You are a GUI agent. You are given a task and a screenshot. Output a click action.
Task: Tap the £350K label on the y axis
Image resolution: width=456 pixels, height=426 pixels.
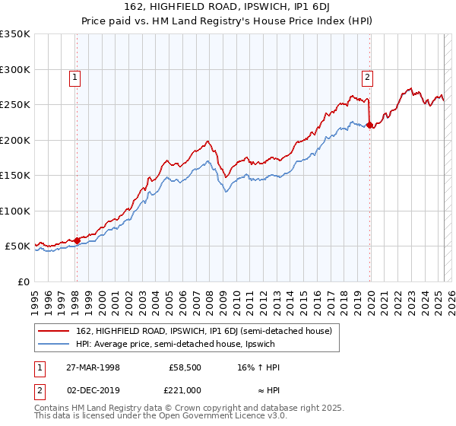(x=15, y=34)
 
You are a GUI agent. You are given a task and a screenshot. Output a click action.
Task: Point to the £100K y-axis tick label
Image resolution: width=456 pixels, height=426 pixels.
(x=15, y=211)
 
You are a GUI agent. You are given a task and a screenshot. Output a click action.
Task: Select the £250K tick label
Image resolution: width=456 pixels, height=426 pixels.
(x=15, y=105)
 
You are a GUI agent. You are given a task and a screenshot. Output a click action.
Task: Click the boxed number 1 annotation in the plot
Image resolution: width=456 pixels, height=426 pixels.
(x=76, y=76)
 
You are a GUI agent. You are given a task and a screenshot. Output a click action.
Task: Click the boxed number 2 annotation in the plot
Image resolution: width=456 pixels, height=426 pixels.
(x=367, y=76)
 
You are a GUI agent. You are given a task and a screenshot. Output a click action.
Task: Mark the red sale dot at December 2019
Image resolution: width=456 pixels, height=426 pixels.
(x=369, y=126)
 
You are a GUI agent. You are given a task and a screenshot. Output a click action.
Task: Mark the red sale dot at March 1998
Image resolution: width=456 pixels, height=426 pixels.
(x=77, y=240)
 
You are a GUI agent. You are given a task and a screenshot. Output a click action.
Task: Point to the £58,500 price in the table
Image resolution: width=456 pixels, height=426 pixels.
(x=185, y=367)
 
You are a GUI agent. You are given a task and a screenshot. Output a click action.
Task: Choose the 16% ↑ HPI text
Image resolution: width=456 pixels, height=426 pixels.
(x=258, y=367)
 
